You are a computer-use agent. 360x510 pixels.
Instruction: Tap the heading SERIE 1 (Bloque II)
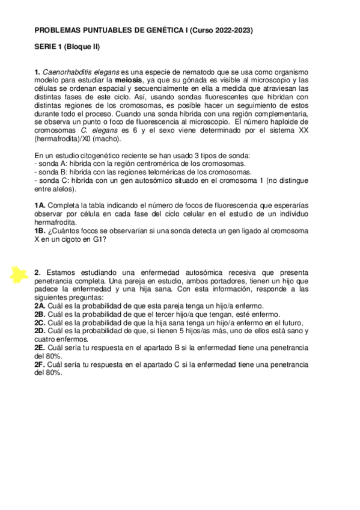pos(67,46)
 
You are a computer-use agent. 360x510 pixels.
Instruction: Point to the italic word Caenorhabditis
pos(66,72)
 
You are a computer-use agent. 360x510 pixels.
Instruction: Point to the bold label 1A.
pos(40,205)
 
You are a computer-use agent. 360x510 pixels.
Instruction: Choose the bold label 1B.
pos(40,230)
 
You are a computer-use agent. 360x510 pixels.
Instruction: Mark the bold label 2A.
pos(40,306)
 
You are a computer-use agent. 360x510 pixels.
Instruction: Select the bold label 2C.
pos(40,322)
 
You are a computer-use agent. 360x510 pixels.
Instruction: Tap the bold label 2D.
pos(40,330)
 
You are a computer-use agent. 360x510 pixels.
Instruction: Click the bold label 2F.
pos(40,364)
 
